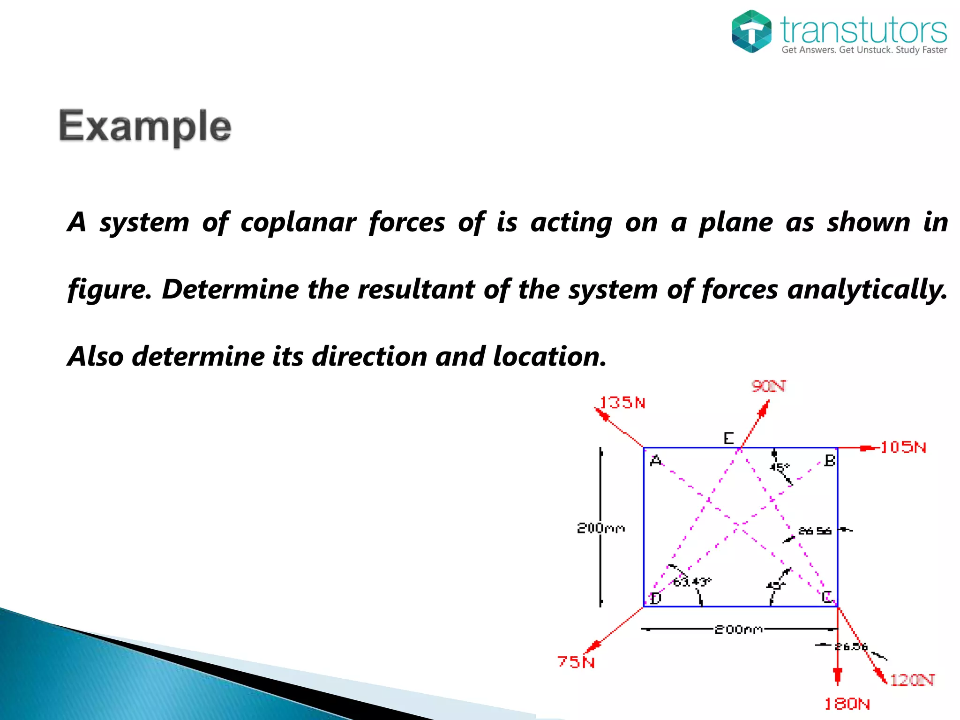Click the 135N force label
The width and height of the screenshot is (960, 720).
(x=622, y=403)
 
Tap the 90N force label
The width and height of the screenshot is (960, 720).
(x=768, y=386)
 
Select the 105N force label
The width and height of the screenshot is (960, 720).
(x=903, y=447)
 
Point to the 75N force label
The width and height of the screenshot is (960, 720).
(x=576, y=662)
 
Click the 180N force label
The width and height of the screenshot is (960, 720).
(x=847, y=704)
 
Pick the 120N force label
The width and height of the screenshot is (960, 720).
(x=912, y=680)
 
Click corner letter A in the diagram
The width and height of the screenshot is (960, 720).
(x=656, y=461)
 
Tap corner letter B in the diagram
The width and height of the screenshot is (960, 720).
(x=829, y=461)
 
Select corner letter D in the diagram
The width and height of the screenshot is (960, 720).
(x=655, y=598)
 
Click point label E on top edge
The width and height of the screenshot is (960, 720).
(x=728, y=439)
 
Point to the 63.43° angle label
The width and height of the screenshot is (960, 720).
(x=692, y=582)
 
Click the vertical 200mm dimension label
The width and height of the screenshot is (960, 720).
(x=600, y=528)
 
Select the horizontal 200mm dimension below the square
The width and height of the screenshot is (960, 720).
(x=738, y=630)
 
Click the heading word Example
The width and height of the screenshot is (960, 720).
(x=145, y=127)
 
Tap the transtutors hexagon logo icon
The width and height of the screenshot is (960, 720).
(x=751, y=31)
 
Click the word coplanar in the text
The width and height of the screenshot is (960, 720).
(x=298, y=222)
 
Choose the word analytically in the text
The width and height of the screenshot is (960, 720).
(x=867, y=289)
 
